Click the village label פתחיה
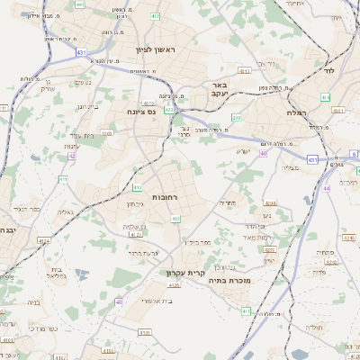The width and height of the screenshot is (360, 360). tap(326, 253)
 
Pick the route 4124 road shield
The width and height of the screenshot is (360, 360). tap(44, 241)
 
